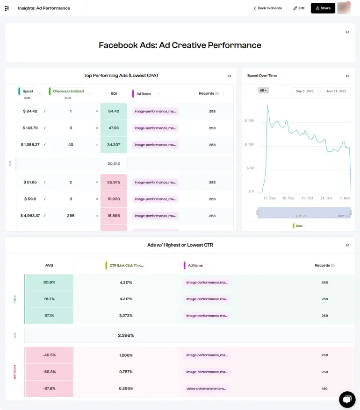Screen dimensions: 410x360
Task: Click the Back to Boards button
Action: pyautogui.click(x=267, y=8)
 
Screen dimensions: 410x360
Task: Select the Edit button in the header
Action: pyautogui.click(x=299, y=8)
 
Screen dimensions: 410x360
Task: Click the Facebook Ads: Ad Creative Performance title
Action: pyautogui.click(x=180, y=45)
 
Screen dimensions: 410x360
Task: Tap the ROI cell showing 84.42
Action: pyautogui.click(x=114, y=111)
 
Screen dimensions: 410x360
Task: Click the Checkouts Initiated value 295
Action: pyautogui.click(x=71, y=216)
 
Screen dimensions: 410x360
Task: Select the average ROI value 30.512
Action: pyautogui.click(x=114, y=163)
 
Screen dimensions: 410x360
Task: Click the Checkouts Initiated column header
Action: pyautogui.click(x=68, y=92)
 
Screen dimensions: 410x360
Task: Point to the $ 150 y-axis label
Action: pyautogui.click(x=249, y=121)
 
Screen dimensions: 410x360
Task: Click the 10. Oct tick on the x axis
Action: pyautogui.click(x=307, y=198)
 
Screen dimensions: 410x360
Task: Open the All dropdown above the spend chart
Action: pyautogui.click(x=263, y=90)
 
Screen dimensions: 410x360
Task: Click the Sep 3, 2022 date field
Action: pyautogui.click(x=305, y=92)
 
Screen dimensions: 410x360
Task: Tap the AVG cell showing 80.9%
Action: pyautogui.click(x=49, y=282)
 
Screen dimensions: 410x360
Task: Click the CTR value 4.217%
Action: pyautogui.click(x=126, y=299)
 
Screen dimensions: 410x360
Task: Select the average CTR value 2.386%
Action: pyautogui.click(x=126, y=335)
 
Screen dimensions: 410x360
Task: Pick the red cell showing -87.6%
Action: pyautogui.click(x=49, y=389)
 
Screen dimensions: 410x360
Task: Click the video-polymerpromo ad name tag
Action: pyautogui.click(x=207, y=389)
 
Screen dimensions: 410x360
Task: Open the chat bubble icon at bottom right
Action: pyautogui.click(x=347, y=399)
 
